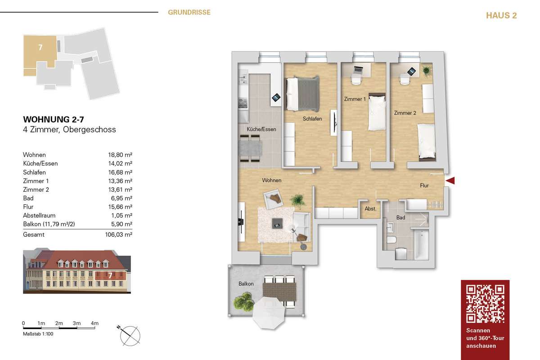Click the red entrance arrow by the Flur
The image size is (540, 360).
(450, 180)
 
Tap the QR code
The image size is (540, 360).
(485, 304)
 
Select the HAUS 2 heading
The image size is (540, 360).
(501, 15)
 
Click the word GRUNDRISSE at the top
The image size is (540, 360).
(189, 12)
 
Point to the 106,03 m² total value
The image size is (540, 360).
(119, 234)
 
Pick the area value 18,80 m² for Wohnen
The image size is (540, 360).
(120, 155)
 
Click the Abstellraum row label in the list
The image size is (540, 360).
(39, 215)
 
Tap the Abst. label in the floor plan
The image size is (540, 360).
(370, 209)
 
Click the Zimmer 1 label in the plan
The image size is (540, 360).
(355, 99)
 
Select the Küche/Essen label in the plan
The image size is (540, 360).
(261, 129)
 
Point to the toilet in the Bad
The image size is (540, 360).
(392, 240)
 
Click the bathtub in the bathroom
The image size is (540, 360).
(421, 244)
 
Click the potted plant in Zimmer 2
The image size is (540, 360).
(427, 70)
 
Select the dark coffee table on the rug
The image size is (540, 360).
(277, 223)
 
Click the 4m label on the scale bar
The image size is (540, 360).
(94, 323)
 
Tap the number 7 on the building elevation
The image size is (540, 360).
(110, 275)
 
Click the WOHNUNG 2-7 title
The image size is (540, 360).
(54, 119)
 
